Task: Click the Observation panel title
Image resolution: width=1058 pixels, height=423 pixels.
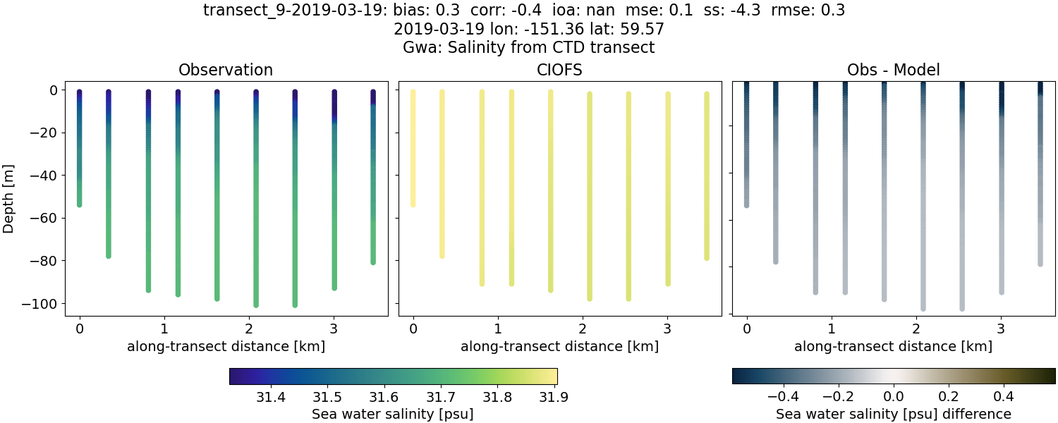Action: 226,70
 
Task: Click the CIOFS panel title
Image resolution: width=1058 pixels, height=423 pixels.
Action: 559,70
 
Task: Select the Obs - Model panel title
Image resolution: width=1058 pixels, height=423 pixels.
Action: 893,70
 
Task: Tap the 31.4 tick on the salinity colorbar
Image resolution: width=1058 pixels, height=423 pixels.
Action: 271,398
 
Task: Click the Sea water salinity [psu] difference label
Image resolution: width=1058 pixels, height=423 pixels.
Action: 893,414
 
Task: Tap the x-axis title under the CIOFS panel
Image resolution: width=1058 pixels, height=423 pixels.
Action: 559,346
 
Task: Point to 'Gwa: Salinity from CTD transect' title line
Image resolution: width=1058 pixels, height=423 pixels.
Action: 529,48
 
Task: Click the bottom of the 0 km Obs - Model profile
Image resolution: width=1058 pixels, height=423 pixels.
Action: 746,205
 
